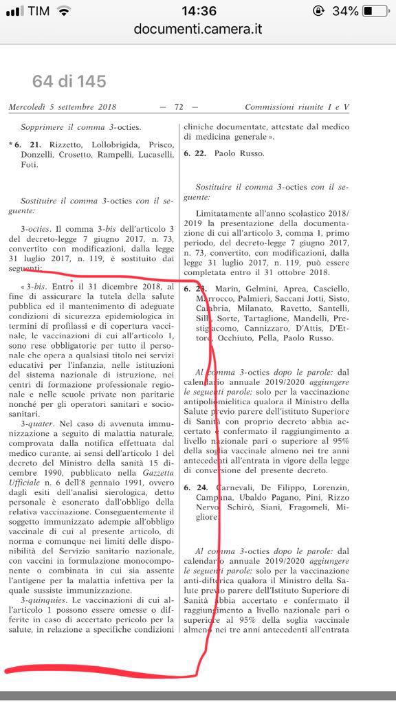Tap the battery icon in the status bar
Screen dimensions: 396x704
(375, 11)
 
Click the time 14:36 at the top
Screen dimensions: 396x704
(198, 11)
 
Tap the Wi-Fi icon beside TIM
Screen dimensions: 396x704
(64, 11)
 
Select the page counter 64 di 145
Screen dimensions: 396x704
(69, 82)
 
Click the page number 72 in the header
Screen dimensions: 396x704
(178, 107)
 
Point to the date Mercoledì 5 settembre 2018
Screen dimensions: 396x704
(63, 107)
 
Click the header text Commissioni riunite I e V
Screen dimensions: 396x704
(297, 107)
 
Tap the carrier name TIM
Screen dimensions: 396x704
(39, 11)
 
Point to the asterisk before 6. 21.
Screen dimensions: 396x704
(11, 146)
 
